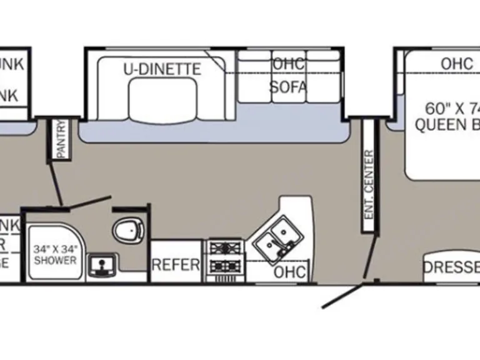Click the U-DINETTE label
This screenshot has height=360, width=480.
pyautogui.click(x=162, y=69)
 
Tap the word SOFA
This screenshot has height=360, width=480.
pyautogui.click(x=288, y=87)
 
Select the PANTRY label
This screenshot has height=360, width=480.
pyautogui.click(x=61, y=139)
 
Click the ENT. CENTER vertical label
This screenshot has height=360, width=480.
pyautogui.click(x=369, y=184)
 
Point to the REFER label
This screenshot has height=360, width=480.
pyautogui.click(x=176, y=265)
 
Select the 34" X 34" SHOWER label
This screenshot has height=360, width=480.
pyautogui.click(x=55, y=254)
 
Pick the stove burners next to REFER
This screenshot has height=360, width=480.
pyautogui.click(x=225, y=256)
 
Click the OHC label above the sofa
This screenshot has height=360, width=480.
pyautogui.click(x=288, y=64)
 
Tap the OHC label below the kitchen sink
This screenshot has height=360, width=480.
pyautogui.click(x=290, y=272)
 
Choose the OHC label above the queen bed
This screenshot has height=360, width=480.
pyautogui.click(x=457, y=64)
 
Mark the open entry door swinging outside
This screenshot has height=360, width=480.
pyautogui.click(x=342, y=296)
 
